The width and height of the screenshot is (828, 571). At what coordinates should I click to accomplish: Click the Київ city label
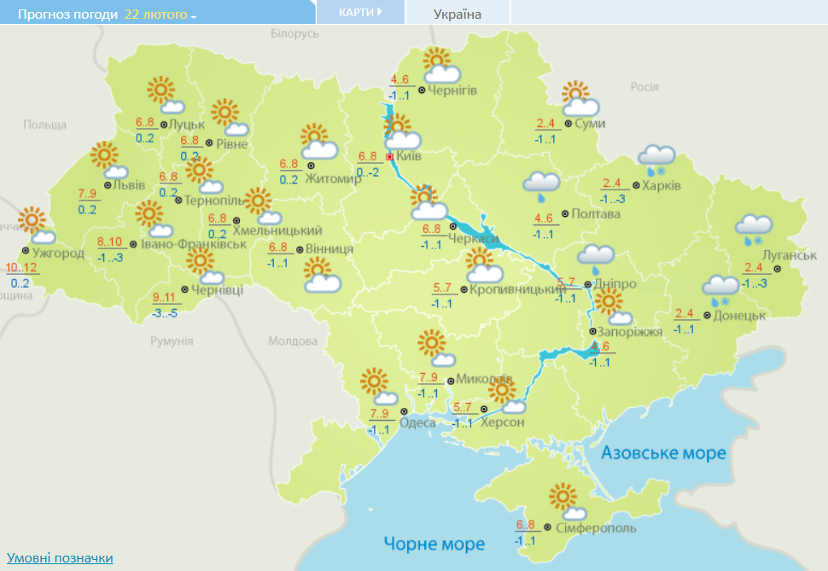(410, 156)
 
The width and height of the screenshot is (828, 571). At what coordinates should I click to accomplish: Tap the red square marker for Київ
(390, 157)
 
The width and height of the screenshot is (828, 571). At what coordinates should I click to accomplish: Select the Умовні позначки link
(60, 557)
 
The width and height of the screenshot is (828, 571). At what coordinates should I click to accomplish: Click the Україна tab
(458, 14)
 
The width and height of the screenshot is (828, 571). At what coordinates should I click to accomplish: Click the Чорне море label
(434, 544)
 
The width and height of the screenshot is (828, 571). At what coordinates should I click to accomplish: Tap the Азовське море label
(663, 452)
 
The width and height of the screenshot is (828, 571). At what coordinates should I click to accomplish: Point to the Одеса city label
(417, 422)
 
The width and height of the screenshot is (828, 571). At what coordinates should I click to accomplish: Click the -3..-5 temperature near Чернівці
(166, 313)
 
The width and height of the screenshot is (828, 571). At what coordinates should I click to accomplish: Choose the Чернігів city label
(452, 90)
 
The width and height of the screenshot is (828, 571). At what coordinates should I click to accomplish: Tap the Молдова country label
(292, 341)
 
